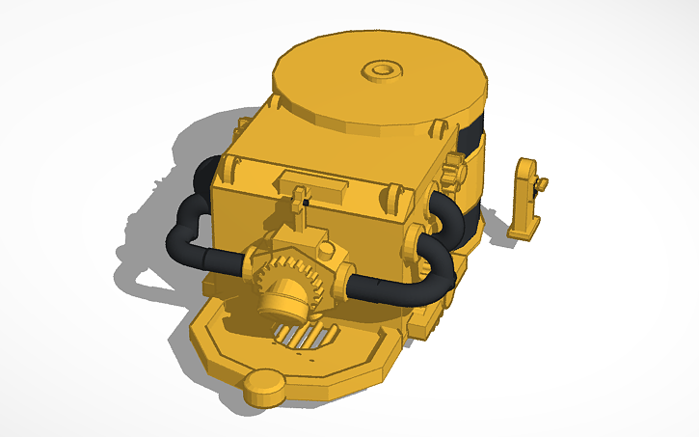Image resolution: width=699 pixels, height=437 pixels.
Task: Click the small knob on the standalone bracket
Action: [x=543, y=183]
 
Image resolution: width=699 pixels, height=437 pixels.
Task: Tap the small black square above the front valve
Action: [x=305, y=203]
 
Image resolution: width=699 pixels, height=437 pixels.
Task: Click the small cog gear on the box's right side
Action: [x=456, y=173]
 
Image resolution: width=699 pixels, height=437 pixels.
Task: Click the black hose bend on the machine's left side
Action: [x=190, y=217]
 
